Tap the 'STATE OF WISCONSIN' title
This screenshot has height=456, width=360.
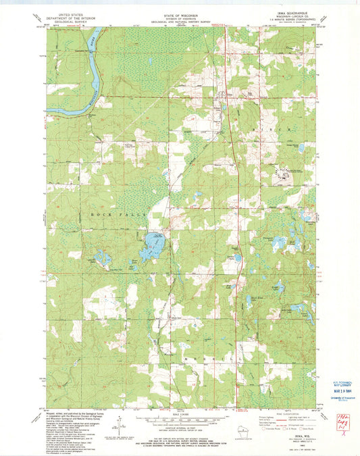[180, 13]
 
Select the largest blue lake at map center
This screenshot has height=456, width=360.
[152, 245]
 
